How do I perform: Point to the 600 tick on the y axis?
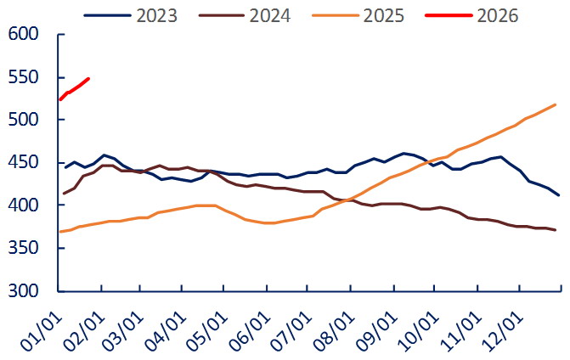coord(23,35)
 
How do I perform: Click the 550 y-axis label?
coord(23,77)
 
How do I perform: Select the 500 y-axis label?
coord(23,121)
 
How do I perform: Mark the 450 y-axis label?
coord(23,163)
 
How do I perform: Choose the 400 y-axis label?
coord(23,205)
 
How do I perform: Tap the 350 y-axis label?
coord(23,249)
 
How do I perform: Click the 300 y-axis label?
coord(23,291)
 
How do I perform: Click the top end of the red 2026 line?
coord(89,78)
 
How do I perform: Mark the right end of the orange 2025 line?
coord(556,104)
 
